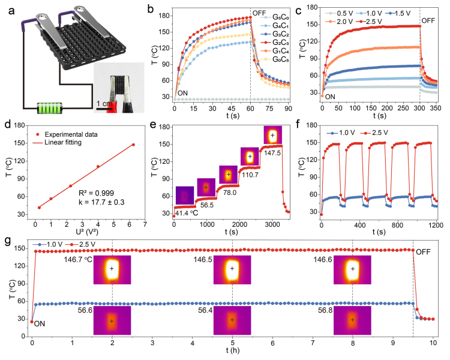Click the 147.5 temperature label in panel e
tap(273, 152)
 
